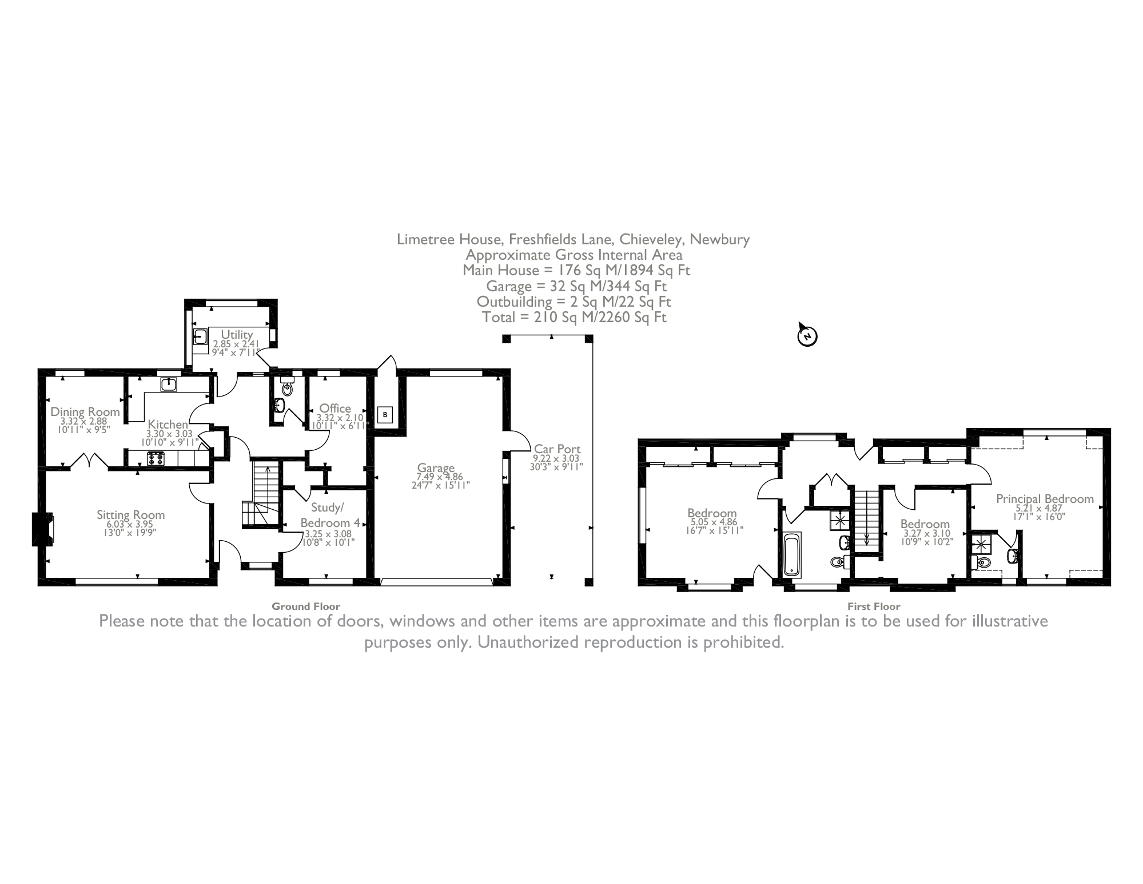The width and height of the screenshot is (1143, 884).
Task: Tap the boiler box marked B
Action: (385, 414)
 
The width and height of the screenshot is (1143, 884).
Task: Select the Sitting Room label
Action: (130, 515)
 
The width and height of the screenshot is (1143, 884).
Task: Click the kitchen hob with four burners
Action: (156, 458)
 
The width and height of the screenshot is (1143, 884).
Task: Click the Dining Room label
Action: (85, 412)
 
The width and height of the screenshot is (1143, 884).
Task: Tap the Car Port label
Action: (557, 449)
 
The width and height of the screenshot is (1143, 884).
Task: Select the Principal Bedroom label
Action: (1045, 499)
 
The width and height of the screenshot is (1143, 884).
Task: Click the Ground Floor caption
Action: (305, 606)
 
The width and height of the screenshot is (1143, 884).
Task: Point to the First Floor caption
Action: (874, 606)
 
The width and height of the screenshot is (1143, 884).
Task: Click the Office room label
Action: (335, 408)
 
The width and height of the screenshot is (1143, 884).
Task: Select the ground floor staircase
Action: (264, 497)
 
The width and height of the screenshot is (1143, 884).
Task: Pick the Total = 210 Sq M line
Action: (574, 317)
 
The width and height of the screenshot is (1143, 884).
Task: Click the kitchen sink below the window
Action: (168, 384)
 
